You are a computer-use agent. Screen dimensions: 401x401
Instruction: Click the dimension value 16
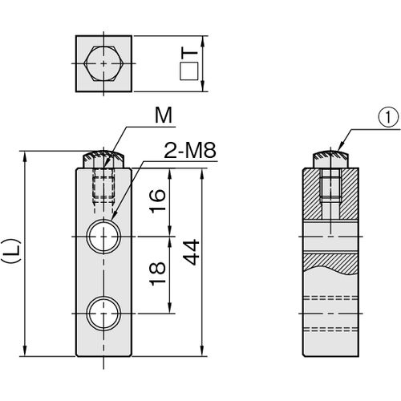click(157, 200)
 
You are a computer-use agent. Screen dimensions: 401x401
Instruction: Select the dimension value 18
click(157, 273)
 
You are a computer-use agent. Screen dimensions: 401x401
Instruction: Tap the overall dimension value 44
click(192, 253)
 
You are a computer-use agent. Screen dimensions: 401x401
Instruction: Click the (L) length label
click(11, 251)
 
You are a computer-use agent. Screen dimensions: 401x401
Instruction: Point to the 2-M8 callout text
click(190, 151)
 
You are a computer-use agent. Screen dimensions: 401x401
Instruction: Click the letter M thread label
click(164, 115)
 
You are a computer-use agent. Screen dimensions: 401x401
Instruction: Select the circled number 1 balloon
click(388, 119)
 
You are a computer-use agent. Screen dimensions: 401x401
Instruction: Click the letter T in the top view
click(189, 55)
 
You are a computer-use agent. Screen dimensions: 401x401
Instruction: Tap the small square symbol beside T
click(188, 71)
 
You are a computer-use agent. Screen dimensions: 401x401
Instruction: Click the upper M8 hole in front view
click(103, 237)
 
